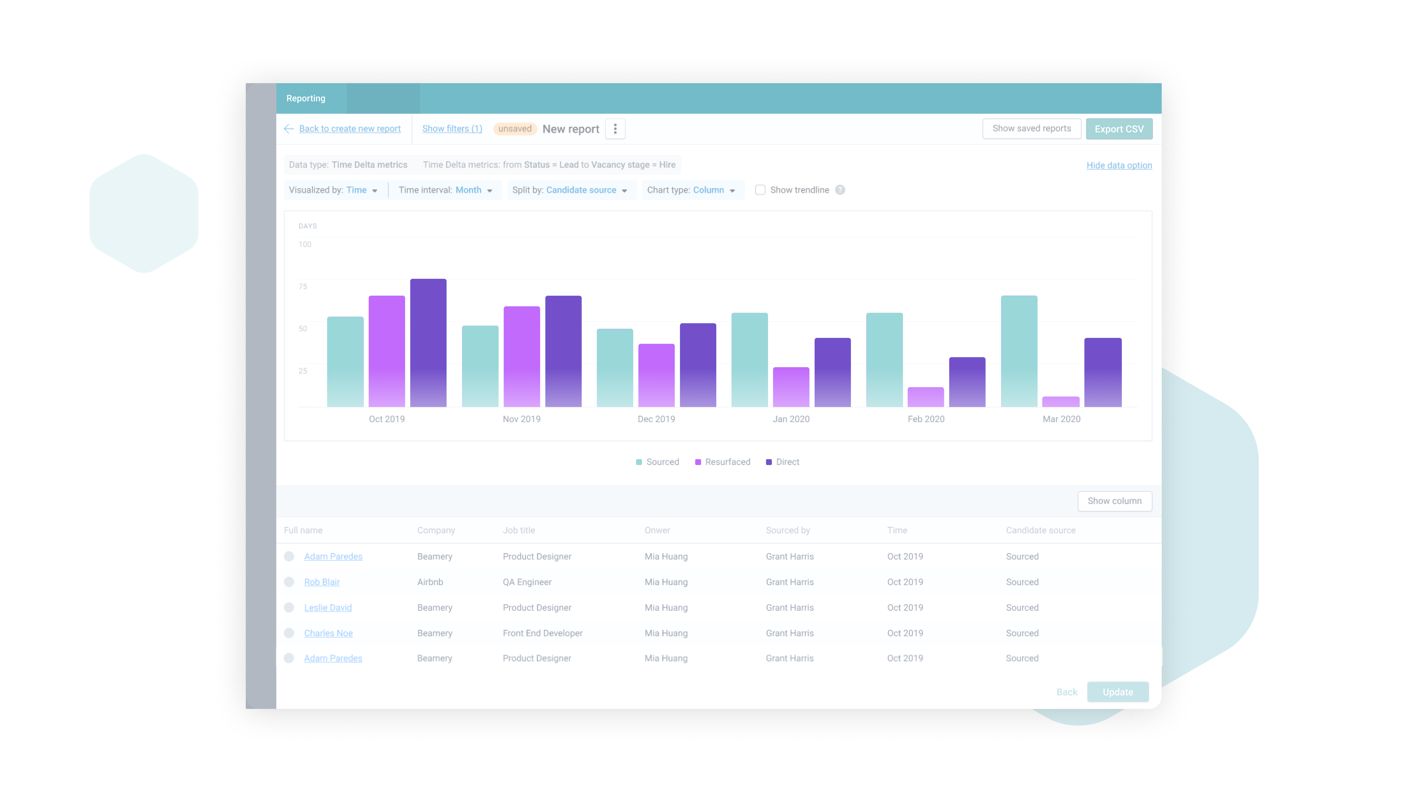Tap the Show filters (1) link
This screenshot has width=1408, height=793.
point(452,128)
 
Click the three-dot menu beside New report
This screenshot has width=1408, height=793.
point(615,129)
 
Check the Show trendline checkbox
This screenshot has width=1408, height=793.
point(760,190)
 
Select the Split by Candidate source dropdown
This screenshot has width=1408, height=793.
point(570,190)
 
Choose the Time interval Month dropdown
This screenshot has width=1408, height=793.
point(446,190)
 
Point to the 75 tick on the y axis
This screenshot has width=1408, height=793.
point(303,287)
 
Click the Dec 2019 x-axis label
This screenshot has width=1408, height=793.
point(656,419)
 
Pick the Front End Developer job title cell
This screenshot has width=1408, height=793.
point(542,633)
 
